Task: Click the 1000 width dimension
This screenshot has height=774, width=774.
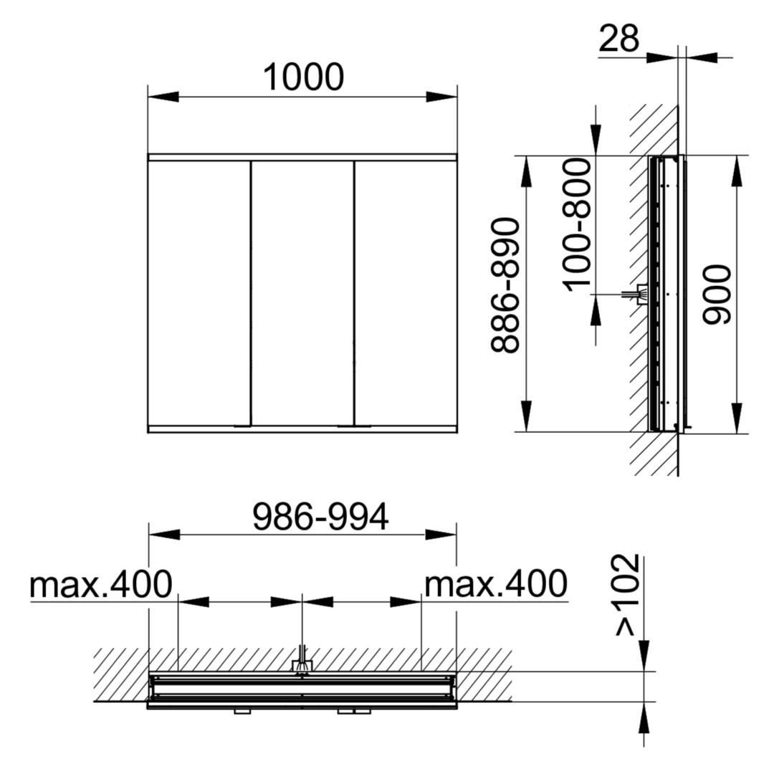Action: coord(303,77)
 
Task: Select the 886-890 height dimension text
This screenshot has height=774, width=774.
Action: coord(505,286)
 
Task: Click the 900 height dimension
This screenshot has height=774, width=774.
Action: coord(716,295)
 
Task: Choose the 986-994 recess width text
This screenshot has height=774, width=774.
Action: coord(320,517)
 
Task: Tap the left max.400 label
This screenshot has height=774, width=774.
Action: coord(101,584)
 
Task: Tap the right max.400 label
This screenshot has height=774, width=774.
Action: coord(496,584)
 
